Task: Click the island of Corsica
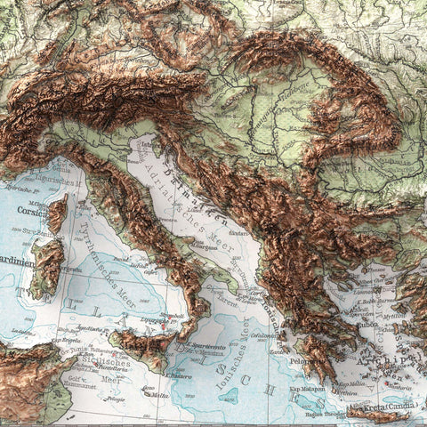click(57, 214)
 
